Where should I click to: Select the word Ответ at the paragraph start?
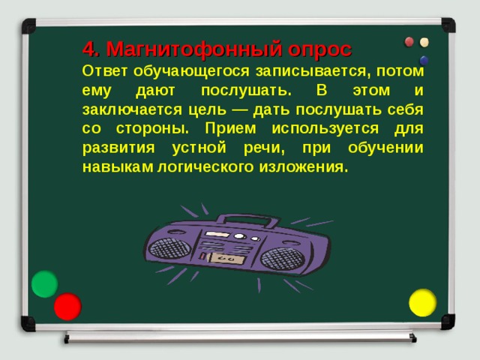(106, 71)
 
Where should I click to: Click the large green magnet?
(44, 284)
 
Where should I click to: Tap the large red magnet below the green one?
(67, 306)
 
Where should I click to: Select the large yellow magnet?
(423, 302)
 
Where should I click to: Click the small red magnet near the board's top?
(409, 42)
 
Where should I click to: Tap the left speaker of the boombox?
(169, 247)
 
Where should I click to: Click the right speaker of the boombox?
(283, 259)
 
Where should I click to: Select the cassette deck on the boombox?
(223, 258)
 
